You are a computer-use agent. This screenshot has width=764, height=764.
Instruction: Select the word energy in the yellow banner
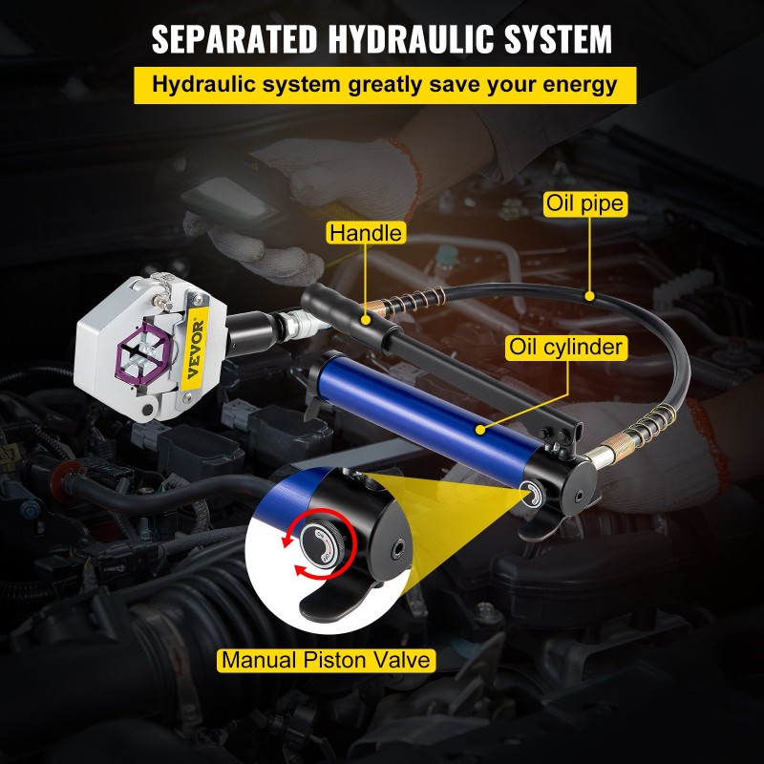click(x=577, y=84)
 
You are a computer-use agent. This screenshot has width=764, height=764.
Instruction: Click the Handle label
click(x=366, y=233)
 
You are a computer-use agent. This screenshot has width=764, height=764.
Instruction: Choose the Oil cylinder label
click(x=566, y=347)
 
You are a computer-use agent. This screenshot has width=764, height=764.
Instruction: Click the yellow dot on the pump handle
click(x=364, y=306)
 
